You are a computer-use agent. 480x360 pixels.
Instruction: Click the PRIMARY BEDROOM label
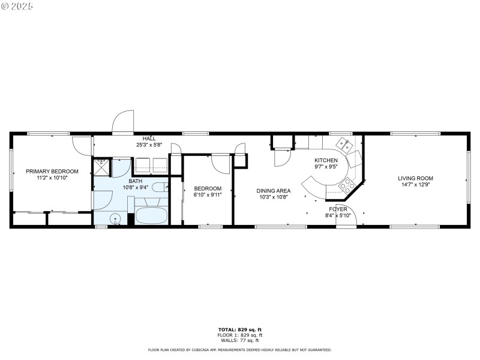[x=52, y=171]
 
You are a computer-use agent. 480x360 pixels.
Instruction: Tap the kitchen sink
[x=344, y=143]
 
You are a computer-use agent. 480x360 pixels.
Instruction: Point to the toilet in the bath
[x=158, y=188]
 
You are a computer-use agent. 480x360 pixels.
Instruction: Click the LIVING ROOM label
[x=415, y=178]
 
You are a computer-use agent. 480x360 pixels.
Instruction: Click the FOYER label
[x=338, y=209]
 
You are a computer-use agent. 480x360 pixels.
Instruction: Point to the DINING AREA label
[x=275, y=190]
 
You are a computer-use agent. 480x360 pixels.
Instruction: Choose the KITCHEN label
[x=326, y=160]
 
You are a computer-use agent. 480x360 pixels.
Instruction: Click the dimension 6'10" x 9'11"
[x=208, y=194]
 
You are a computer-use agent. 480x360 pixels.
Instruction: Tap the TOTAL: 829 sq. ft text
[x=239, y=329]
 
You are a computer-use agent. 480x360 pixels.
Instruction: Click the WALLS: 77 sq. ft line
[x=239, y=340]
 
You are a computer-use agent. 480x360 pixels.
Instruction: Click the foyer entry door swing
[x=348, y=216]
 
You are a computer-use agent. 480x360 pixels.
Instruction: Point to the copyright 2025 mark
[x=17, y=6]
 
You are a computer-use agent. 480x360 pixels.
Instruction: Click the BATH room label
[x=136, y=181]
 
